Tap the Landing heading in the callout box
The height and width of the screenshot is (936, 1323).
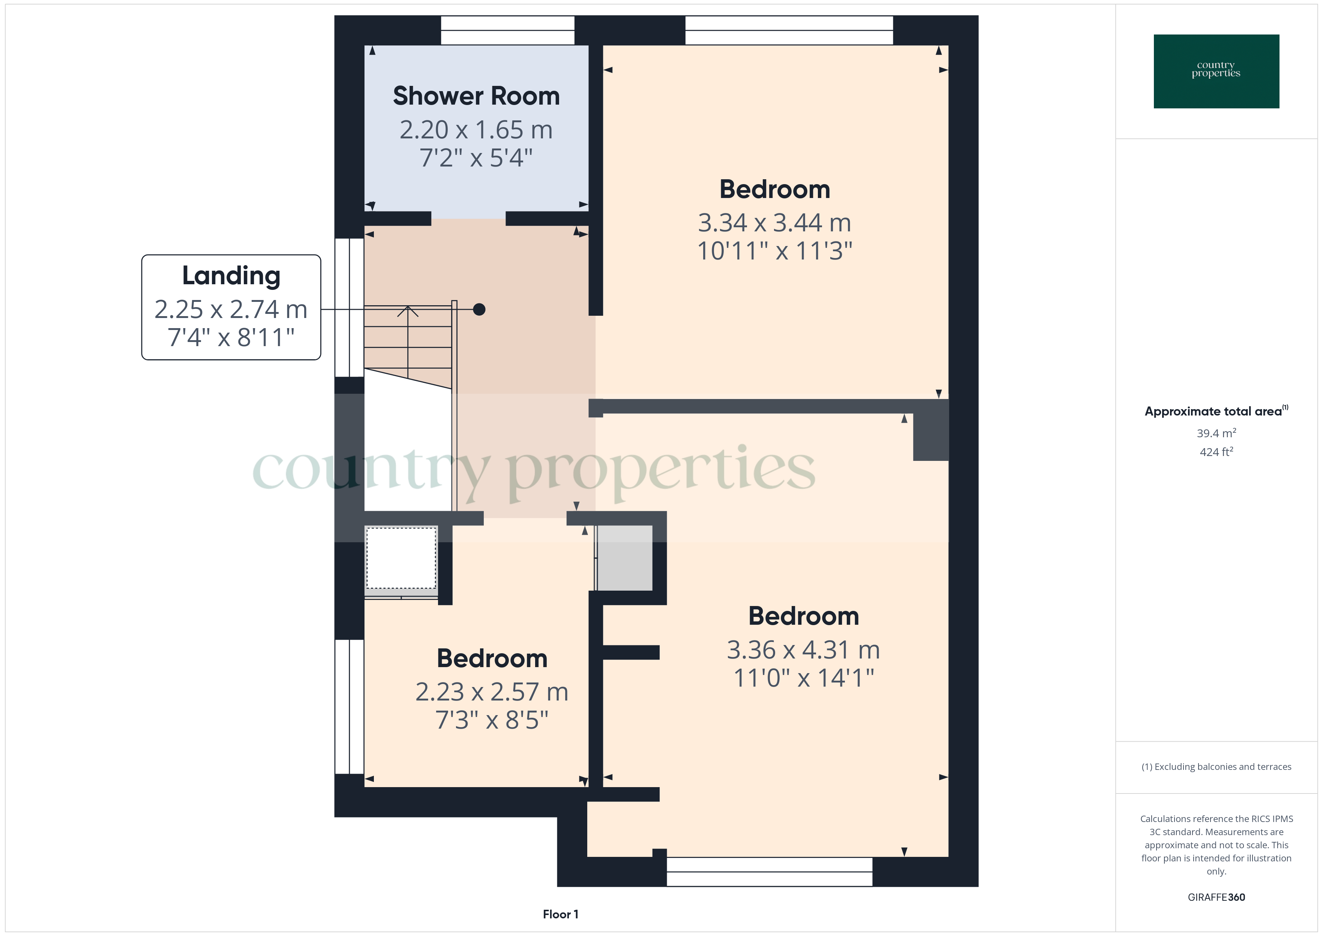click(231, 276)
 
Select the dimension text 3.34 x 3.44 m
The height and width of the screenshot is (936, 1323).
click(774, 222)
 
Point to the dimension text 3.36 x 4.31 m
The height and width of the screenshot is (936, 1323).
click(803, 650)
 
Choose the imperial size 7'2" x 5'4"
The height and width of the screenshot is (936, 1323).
click(476, 158)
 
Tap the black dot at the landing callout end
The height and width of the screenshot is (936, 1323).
click(479, 309)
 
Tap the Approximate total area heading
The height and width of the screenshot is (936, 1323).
click(1216, 411)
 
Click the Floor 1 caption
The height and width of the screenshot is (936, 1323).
click(560, 914)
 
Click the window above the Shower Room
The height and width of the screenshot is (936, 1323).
click(508, 30)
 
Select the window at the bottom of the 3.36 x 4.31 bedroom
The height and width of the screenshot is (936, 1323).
click(769, 872)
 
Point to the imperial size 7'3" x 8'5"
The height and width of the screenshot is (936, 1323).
click(492, 720)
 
